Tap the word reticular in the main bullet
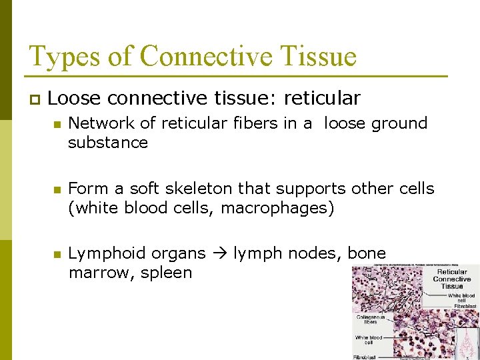coord(322,99)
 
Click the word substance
coord(107,142)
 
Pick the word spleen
coord(166,273)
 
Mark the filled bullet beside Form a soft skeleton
coord(58,189)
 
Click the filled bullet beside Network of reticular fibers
coord(58,124)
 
